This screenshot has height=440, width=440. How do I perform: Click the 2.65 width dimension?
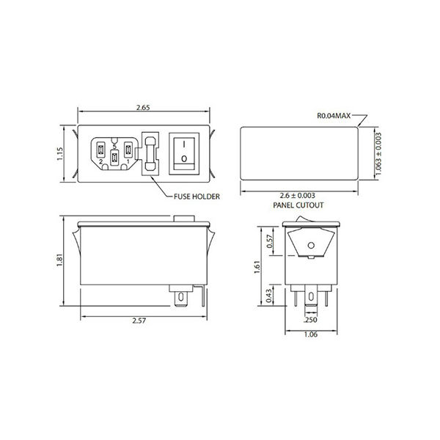[144, 107]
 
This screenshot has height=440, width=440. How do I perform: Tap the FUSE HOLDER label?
[197, 196]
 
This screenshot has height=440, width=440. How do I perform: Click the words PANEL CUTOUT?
[298, 206]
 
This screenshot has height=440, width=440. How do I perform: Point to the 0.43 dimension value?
[269, 295]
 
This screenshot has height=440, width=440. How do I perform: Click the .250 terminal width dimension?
[310, 320]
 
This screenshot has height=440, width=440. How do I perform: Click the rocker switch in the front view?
[184, 152]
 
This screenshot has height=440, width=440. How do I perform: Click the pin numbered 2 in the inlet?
[100, 152]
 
